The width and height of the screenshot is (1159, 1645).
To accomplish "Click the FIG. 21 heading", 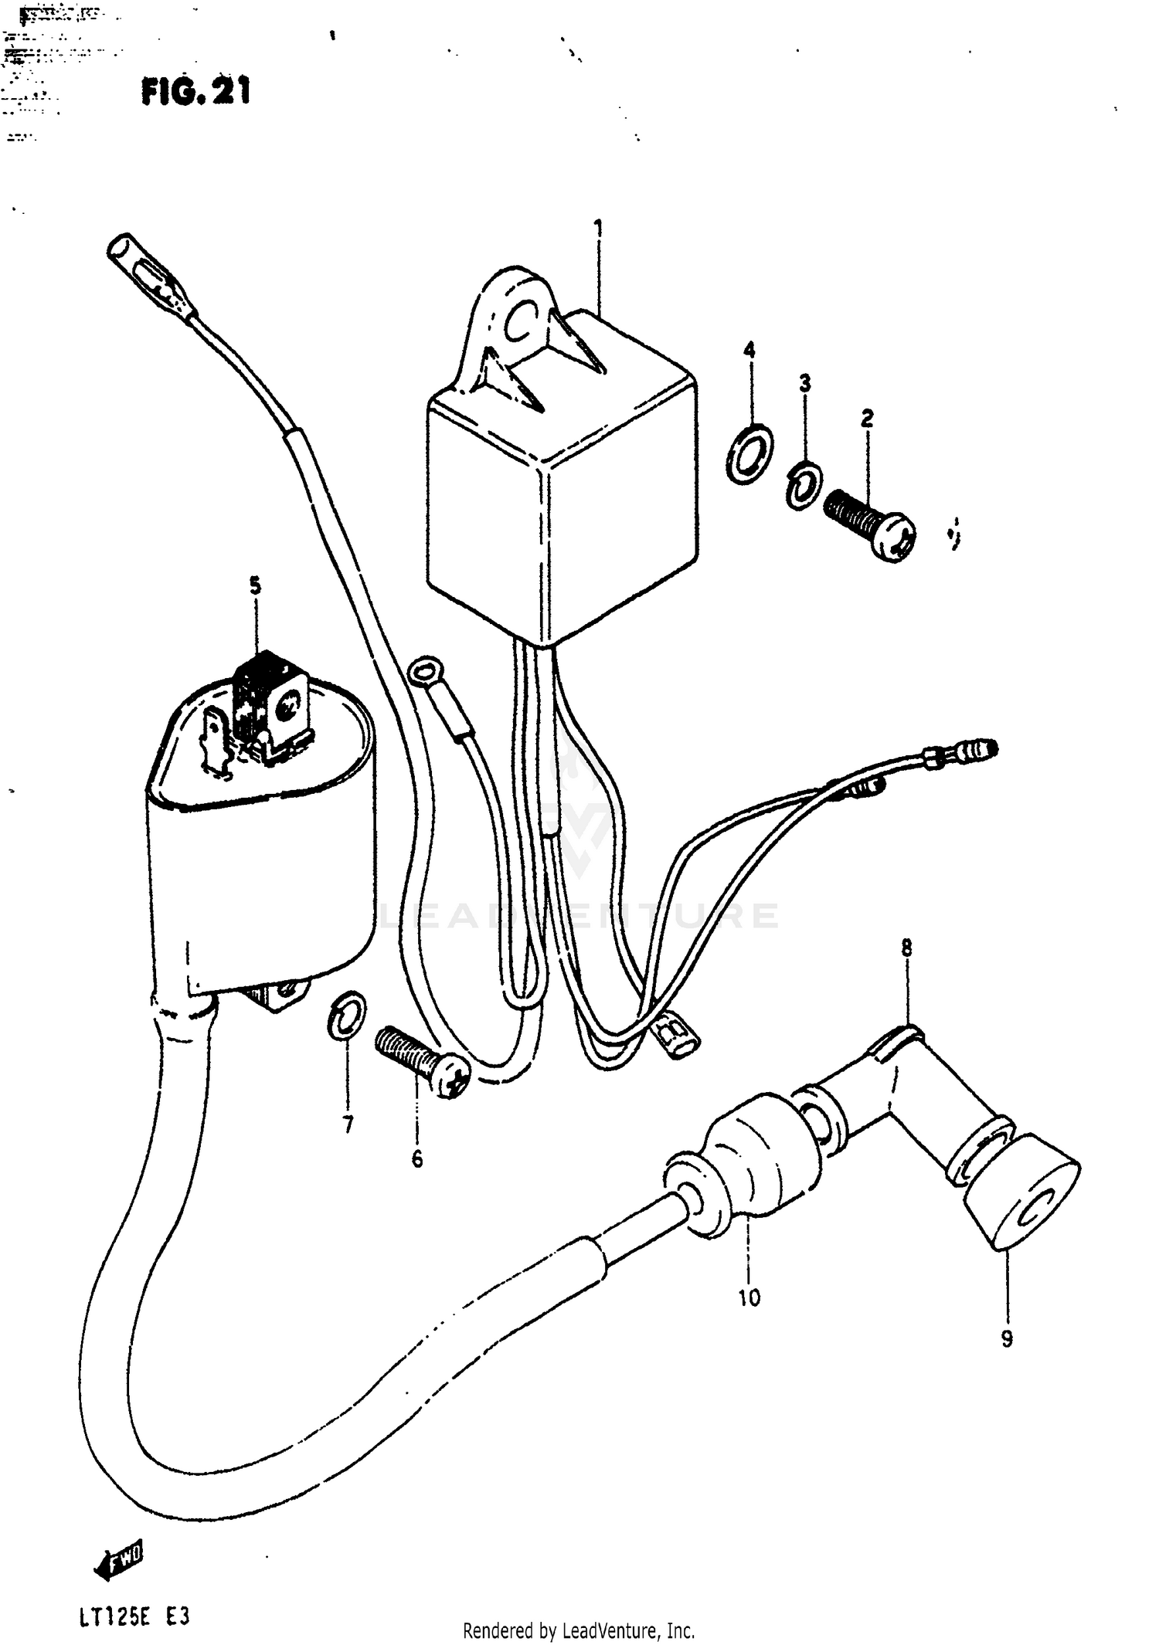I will pos(196,93).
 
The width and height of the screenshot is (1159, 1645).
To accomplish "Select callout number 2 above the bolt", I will pos(867,419).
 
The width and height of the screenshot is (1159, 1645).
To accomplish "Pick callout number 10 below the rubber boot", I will pos(749,1297).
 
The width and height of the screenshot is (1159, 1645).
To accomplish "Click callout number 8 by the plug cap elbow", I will pos(906,947).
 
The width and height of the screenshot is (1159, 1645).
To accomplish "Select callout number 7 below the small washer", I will pos(348,1125).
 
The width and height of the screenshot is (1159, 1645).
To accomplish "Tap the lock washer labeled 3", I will pos(804,485).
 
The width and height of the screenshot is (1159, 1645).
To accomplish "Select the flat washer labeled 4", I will pos(749,453).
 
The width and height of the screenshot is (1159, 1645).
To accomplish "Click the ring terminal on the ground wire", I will pos(424,670).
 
